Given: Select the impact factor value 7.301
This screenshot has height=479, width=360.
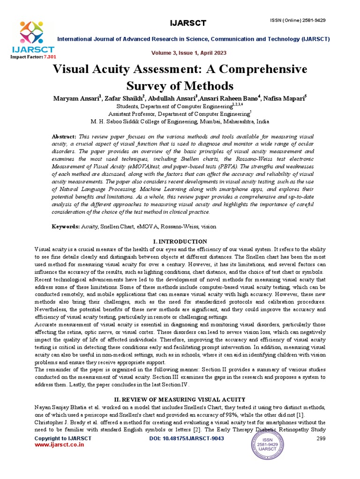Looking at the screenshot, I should click(49, 56).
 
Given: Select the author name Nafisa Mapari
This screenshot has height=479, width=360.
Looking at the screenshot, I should click(285, 98).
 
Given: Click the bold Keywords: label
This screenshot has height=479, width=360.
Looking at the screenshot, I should click(66, 226).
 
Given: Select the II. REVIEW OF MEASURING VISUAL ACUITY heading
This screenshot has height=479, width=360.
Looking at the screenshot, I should click(180, 399).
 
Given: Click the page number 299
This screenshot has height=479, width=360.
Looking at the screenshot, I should click(321, 438).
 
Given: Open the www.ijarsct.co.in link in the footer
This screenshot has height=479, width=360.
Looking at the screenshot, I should click(60, 445).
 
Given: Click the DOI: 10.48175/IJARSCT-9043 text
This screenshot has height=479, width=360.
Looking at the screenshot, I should click(180, 438).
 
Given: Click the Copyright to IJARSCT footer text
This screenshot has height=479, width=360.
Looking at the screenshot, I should click(63, 438).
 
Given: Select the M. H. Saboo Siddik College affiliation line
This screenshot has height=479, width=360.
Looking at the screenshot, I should click(180, 121).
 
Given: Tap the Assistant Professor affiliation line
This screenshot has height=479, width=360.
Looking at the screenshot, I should click(180, 114).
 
